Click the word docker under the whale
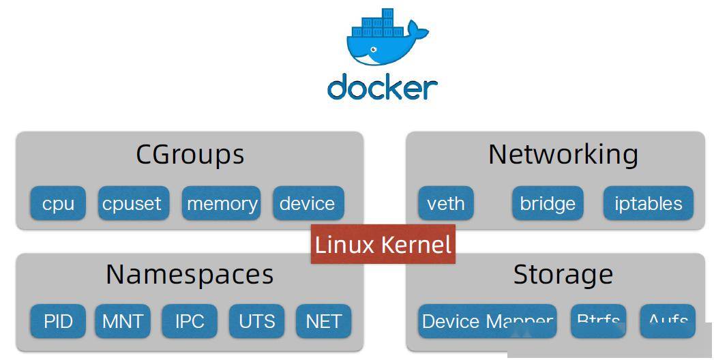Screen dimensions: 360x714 click(x=382, y=88)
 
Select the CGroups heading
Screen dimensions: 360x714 click(x=190, y=154)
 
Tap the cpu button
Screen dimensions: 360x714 click(x=58, y=203)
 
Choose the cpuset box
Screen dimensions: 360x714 click(x=132, y=203)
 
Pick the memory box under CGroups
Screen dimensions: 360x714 click(x=222, y=203)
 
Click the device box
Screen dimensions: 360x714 click(x=308, y=203)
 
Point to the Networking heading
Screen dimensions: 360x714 click(x=563, y=154)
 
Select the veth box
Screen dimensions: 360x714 click(x=445, y=203)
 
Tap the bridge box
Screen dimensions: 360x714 click(x=547, y=203)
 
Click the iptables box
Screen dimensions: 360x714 click(x=648, y=203)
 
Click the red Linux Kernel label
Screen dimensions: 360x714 click(x=383, y=244)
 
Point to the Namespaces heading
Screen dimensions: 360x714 click(x=190, y=274)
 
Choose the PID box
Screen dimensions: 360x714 click(x=58, y=321)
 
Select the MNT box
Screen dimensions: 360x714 click(x=123, y=321)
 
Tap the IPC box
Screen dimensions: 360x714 click(x=190, y=321)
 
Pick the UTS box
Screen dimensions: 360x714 click(x=256, y=321)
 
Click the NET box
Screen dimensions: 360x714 click(x=323, y=321)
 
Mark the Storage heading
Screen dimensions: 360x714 click(x=563, y=274)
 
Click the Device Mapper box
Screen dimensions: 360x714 click(x=487, y=321)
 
